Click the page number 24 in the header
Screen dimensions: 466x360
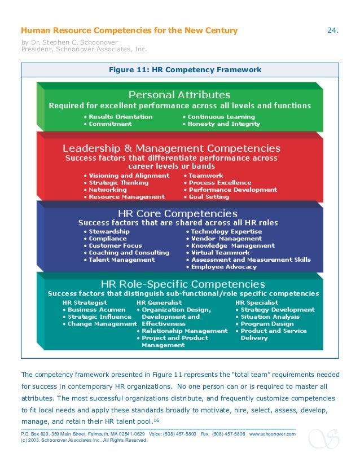pyautogui.click(x=332, y=30)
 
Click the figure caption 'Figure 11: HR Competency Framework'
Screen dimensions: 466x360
pyautogui.click(x=180, y=70)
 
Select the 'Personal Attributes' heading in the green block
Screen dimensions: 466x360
pyautogui.click(x=179, y=94)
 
